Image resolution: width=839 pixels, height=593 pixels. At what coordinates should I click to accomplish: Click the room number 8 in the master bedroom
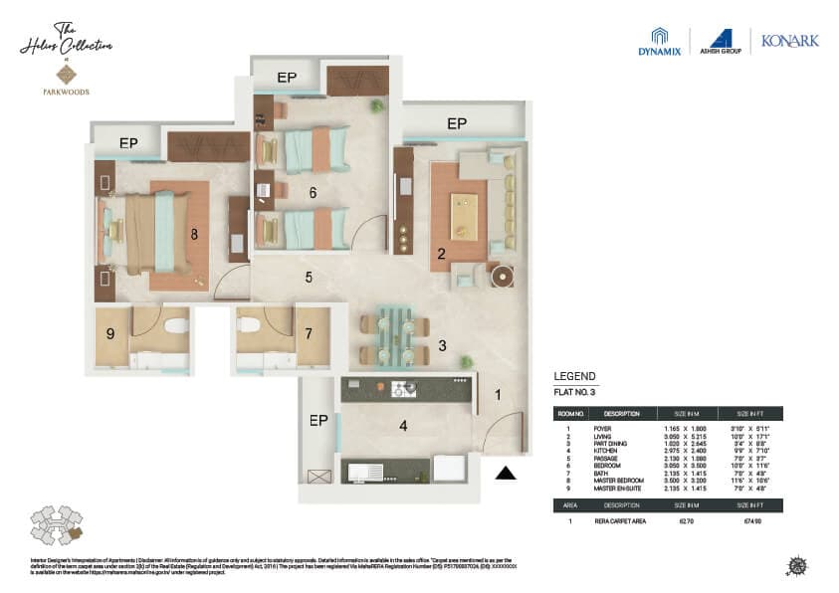[194, 235]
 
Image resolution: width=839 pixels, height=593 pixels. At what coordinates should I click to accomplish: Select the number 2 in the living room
[440, 254]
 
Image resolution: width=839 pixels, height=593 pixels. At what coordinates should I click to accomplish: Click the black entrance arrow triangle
[507, 474]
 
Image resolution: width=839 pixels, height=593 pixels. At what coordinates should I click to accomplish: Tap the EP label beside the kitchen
[318, 420]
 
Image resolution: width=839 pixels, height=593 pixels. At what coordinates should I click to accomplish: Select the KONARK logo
[789, 42]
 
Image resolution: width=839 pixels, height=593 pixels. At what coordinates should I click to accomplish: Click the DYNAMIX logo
[659, 43]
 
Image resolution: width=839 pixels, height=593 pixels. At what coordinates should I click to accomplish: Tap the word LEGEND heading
[574, 376]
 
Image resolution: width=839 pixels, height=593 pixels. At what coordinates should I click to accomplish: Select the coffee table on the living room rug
[464, 216]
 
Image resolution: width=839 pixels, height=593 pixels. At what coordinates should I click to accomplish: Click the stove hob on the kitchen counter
[403, 388]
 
